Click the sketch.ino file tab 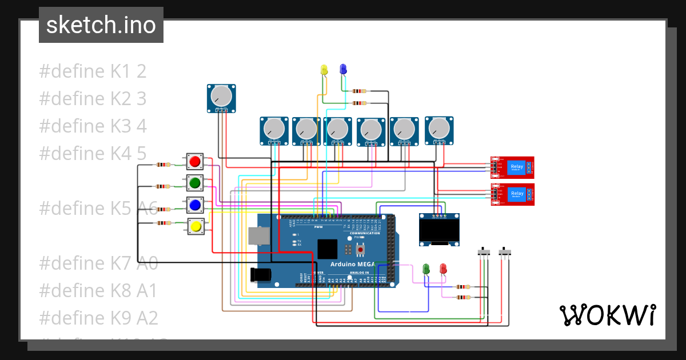point(101,25)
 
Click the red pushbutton point(195,162)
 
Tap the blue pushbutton point(195,205)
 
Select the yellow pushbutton point(196,227)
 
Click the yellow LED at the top point(324,70)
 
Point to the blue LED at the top point(343,69)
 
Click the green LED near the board point(425,268)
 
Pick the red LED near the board point(443,268)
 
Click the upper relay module point(513,167)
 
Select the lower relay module point(513,194)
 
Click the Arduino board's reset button point(361,250)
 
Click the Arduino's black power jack point(260,275)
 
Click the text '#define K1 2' point(93,71)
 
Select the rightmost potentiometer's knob point(439,129)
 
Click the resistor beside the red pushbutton point(163,165)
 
